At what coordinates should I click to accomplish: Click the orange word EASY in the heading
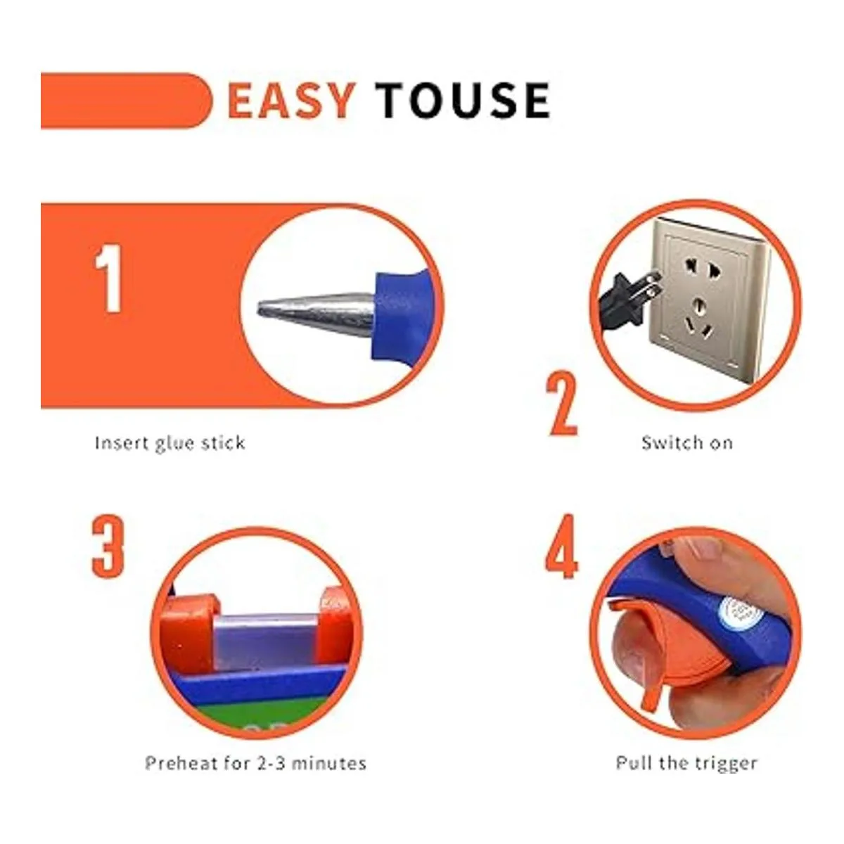(x=290, y=101)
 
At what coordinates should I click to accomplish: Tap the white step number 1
(x=108, y=279)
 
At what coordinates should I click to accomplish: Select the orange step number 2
(x=563, y=404)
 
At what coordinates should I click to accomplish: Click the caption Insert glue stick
(x=170, y=443)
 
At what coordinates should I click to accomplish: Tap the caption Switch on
(x=687, y=443)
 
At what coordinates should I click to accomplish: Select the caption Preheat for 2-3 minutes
(x=255, y=763)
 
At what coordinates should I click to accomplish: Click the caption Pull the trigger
(x=686, y=764)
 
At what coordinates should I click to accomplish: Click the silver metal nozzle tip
(x=315, y=314)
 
